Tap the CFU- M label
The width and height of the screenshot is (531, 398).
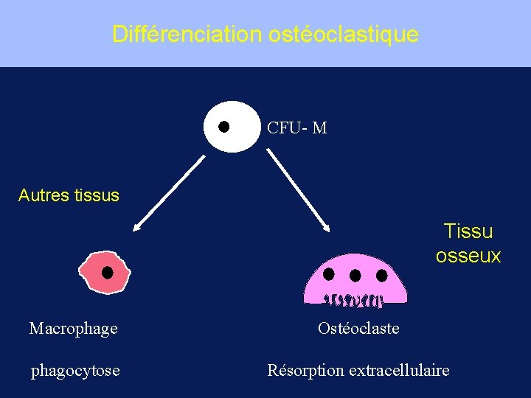(x=296, y=128)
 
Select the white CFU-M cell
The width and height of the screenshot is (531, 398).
(x=232, y=126)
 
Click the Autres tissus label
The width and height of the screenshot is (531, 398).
(x=69, y=195)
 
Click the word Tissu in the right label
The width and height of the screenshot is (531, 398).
(x=468, y=231)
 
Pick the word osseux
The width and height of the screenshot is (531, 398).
(x=468, y=256)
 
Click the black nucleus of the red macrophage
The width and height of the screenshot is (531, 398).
(x=107, y=273)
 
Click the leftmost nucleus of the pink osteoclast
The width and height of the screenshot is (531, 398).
(x=329, y=274)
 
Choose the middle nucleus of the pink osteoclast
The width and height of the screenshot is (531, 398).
(x=355, y=276)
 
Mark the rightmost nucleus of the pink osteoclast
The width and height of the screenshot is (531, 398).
(x=381, y=276)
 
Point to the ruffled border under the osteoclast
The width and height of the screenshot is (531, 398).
(x=355, y=300)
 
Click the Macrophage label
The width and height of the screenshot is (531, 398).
(x=73, y=329)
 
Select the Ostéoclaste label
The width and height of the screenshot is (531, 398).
(x=358, y=329)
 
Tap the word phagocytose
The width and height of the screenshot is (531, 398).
(x=75, y=371)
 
